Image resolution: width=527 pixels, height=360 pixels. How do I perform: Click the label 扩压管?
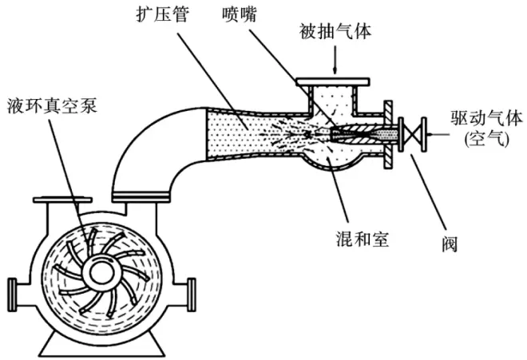(163, 15)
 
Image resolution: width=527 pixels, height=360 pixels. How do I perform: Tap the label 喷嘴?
(240, 15)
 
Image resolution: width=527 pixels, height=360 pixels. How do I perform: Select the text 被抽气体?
(335, 31)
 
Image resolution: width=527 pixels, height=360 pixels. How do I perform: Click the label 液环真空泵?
(53, 105)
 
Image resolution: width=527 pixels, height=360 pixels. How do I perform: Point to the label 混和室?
(363, 239)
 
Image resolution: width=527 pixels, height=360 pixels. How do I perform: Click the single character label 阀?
(450, 244)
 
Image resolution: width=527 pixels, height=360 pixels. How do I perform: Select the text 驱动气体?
(487, 118)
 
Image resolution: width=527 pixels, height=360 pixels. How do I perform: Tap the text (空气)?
(487, 138)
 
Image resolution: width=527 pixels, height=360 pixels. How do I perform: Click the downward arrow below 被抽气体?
(335, 60)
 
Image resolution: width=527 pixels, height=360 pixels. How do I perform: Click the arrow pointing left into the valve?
(438, 135)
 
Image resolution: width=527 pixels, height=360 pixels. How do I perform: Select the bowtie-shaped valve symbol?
(412, 135)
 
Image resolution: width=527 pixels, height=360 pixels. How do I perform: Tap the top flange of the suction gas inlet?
(333, 81)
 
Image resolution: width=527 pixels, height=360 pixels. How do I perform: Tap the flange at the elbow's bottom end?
(141, 197)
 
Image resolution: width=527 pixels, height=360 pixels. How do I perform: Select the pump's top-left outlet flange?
(62, 200)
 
